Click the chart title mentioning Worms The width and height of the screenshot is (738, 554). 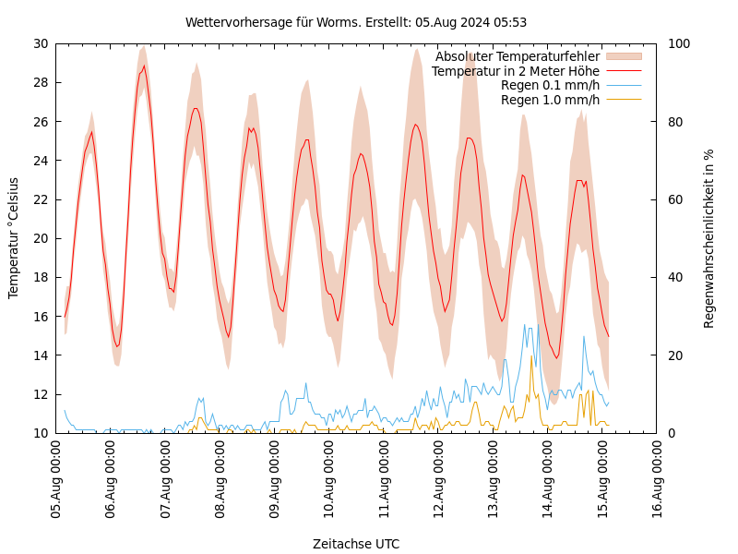(x=355, y=22)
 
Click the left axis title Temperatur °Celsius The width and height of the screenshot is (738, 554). (x=14, y=237)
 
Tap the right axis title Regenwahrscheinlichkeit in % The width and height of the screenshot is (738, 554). (x=708, y=238)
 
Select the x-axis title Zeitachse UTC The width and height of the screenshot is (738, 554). (x=356, y=544)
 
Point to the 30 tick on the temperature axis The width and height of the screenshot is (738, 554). (x=41, y=43)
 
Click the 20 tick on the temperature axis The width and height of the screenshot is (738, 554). (x=41, y=238)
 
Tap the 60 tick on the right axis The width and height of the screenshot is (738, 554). (x=674, y=199)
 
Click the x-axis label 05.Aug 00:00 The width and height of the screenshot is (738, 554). (x=56, y=480)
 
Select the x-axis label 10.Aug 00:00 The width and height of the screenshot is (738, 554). (x=329, y=480)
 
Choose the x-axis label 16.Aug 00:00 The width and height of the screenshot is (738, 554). (x=657, y=480)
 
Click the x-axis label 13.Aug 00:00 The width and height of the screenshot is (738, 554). (x=494, y=480)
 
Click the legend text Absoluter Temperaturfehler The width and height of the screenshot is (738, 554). (x=517, y=56)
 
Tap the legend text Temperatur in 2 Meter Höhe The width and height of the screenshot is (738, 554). (x=515, y=71)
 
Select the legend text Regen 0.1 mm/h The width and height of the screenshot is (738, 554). (x=550, y=85)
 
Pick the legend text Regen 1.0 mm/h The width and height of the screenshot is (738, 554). (x=550, y=100)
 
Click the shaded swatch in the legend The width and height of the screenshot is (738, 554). (x=623, y=56)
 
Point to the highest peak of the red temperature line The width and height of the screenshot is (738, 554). (x=144, y=66)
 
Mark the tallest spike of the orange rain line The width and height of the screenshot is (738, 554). (x=531, y=356)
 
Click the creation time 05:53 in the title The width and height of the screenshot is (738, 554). (x=510, y=22)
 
